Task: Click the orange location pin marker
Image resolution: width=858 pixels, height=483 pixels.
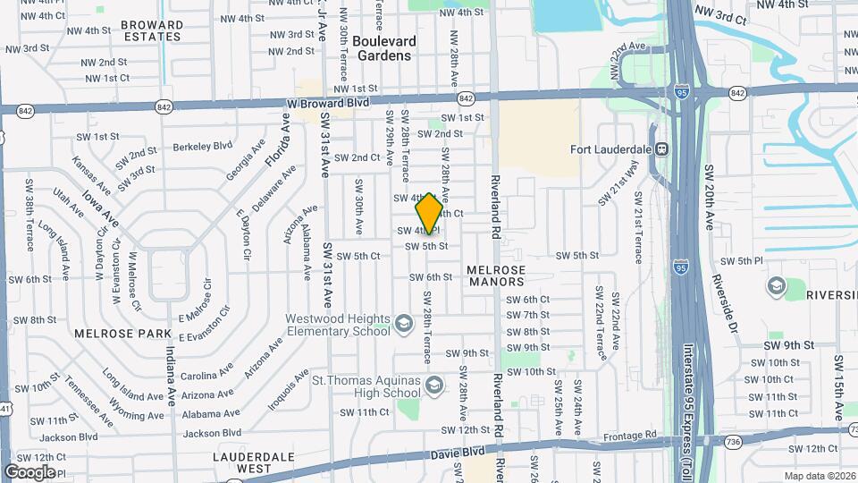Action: click(429, 213)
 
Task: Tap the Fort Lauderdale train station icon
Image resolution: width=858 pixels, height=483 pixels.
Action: click(662, 148)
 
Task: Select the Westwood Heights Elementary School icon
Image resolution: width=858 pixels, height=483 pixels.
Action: click(404, 323)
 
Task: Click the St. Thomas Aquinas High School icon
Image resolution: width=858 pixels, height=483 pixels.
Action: click(434, 386)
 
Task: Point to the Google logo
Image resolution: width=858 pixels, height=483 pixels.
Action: click(29, 471)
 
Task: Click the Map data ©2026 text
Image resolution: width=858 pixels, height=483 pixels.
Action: click(820, 476)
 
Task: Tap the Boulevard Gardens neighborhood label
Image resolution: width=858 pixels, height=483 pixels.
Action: click(383, 48)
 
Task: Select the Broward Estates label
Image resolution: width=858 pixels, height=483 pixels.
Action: click(154, 31)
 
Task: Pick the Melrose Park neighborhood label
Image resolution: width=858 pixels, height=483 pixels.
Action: click(110, 334)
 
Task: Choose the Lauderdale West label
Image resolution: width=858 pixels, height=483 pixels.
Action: click(241, 462)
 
